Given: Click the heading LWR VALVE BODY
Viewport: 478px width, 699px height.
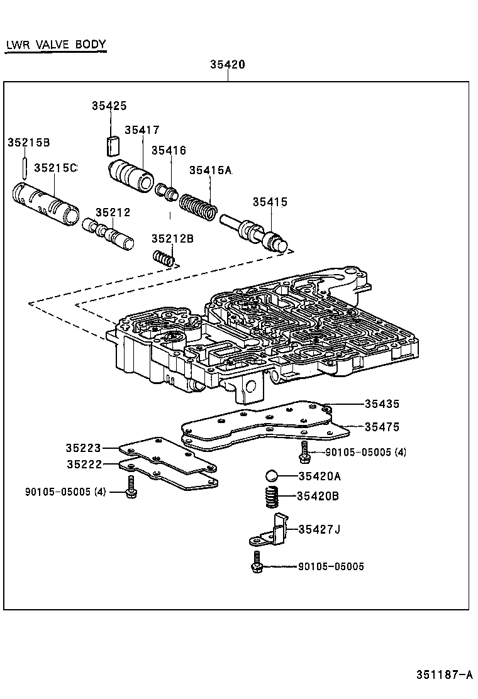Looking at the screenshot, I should point(55,45).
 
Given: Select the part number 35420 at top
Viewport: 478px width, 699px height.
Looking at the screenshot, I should point(227,65).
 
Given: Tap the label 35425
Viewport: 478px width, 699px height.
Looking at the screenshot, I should point(109,106).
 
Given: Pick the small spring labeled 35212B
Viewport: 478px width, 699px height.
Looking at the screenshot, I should point(164,258).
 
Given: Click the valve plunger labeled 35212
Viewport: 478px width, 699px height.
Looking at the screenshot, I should point(108,233).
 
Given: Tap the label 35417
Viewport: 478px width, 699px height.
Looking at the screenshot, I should point(142,130).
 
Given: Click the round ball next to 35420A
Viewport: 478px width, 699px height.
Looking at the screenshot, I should point(271,476).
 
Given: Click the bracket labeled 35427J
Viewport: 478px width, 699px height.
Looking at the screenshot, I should point(273,531).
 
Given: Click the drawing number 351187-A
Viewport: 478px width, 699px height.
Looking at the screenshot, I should point(444,675).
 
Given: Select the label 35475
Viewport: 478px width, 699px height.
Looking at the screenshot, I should point(382,427).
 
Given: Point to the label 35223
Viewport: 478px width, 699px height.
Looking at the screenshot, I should point(83,448).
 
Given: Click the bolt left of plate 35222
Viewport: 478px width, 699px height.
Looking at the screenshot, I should point(131,487).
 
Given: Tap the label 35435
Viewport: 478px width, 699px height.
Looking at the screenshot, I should point(382,404).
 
